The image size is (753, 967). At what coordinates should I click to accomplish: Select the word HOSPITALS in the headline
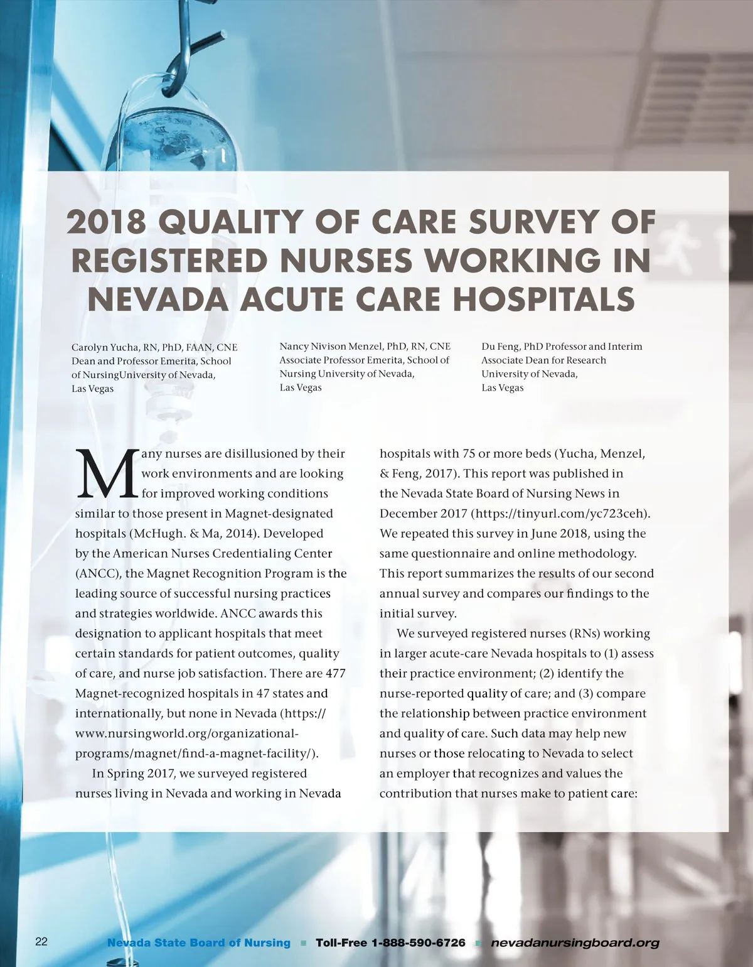coord(543,299)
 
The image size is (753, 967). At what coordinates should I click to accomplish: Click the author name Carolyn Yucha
coord(105,347)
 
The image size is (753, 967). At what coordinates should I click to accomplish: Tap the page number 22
coord(41,941)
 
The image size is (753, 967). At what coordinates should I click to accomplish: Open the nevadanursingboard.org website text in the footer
coord(575,943)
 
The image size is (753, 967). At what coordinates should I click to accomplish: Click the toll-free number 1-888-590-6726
coord(419,943)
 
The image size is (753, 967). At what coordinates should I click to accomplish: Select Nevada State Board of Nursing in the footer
coord(199,943)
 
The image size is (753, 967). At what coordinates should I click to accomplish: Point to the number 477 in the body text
coord(336,673)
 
